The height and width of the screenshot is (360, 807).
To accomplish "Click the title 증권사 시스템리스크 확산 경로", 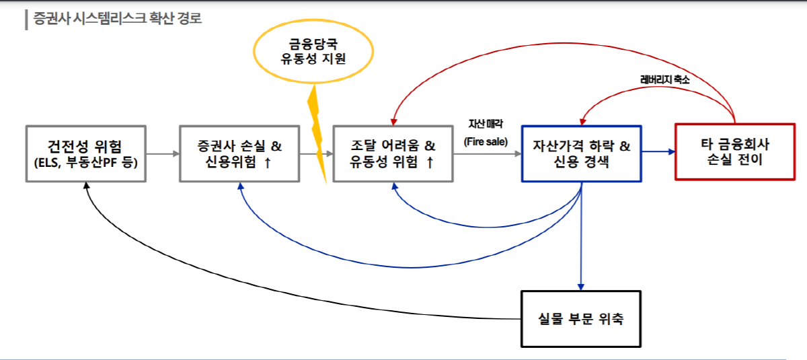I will coord(117,18).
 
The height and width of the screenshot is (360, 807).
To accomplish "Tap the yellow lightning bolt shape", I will coord(317,135).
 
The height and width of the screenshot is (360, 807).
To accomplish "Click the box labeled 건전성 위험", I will coord(86,153).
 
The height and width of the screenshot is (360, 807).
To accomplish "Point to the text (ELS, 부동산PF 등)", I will coord(86,162).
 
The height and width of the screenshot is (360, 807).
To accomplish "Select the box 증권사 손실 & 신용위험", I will coord(239,153).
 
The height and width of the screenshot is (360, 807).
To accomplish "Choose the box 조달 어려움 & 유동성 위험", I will coord(393,153).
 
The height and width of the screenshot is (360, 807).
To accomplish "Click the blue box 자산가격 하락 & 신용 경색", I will coord(582,153).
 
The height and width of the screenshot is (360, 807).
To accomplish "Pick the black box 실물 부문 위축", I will coord(582,318).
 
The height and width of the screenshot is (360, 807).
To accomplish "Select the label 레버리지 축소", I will coord(664,79).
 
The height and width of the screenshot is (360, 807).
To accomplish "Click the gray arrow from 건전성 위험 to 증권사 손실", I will coord(163,154).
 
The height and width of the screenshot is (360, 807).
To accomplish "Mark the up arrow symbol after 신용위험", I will coord(268,163).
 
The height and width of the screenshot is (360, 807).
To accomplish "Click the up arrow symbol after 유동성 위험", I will coord(430,163).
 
